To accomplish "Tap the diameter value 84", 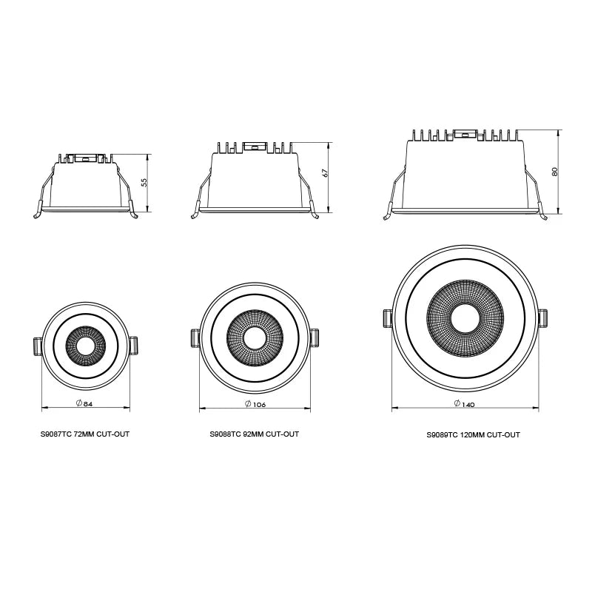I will click(88, 403).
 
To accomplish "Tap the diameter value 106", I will click(259, 405).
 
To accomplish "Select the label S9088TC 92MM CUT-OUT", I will click(255, 434).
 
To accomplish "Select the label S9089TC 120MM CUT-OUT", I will click(473, 435).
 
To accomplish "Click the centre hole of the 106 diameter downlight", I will click(255, 337).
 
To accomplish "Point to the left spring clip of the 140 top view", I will click(386, 319).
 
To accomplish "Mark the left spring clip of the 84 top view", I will click(38, 346).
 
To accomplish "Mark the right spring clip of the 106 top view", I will click(315, 337).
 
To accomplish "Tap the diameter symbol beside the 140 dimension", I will click(457, 403).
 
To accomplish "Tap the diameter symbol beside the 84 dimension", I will click(78, 403).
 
